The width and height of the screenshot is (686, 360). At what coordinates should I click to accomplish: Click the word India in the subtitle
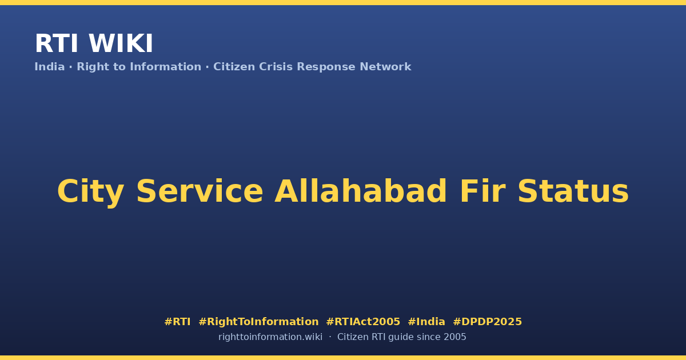(x=50, y=67)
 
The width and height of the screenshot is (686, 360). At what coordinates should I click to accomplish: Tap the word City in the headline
(x=91, y=192)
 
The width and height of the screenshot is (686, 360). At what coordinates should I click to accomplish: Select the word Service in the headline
(x=200, y=191)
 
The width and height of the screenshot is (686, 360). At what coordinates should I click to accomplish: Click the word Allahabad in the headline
(x=361, y=191)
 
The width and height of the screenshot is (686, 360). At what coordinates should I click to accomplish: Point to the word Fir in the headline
(x=481, y=191)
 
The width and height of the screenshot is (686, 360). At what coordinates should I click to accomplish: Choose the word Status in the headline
(x=573, y=191)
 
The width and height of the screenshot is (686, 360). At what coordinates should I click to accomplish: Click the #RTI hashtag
(x=177, y=322)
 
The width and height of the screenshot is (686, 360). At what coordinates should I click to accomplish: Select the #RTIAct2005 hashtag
(x=363, y=322)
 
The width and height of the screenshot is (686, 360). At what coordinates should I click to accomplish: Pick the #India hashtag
(x=426, y=322)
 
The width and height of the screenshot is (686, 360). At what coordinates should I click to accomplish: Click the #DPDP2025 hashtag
(x=487, y=322)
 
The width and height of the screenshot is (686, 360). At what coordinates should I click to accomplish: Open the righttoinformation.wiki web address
(x=270, y=337)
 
